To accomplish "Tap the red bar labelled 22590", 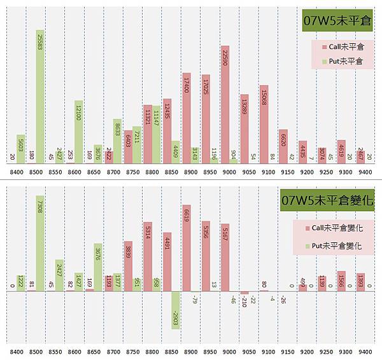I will tap(224, 105).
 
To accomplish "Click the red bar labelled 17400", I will tap(186, 118).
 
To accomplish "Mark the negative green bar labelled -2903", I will tap(176, 310).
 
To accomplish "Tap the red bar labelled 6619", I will tap(186, 249).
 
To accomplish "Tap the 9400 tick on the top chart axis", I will tap(364, 172).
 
